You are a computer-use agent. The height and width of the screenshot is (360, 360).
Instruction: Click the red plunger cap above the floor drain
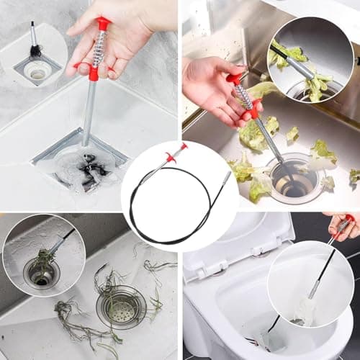tap(104, 24)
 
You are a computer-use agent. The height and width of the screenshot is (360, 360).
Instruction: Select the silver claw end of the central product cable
tap(224, 178)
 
